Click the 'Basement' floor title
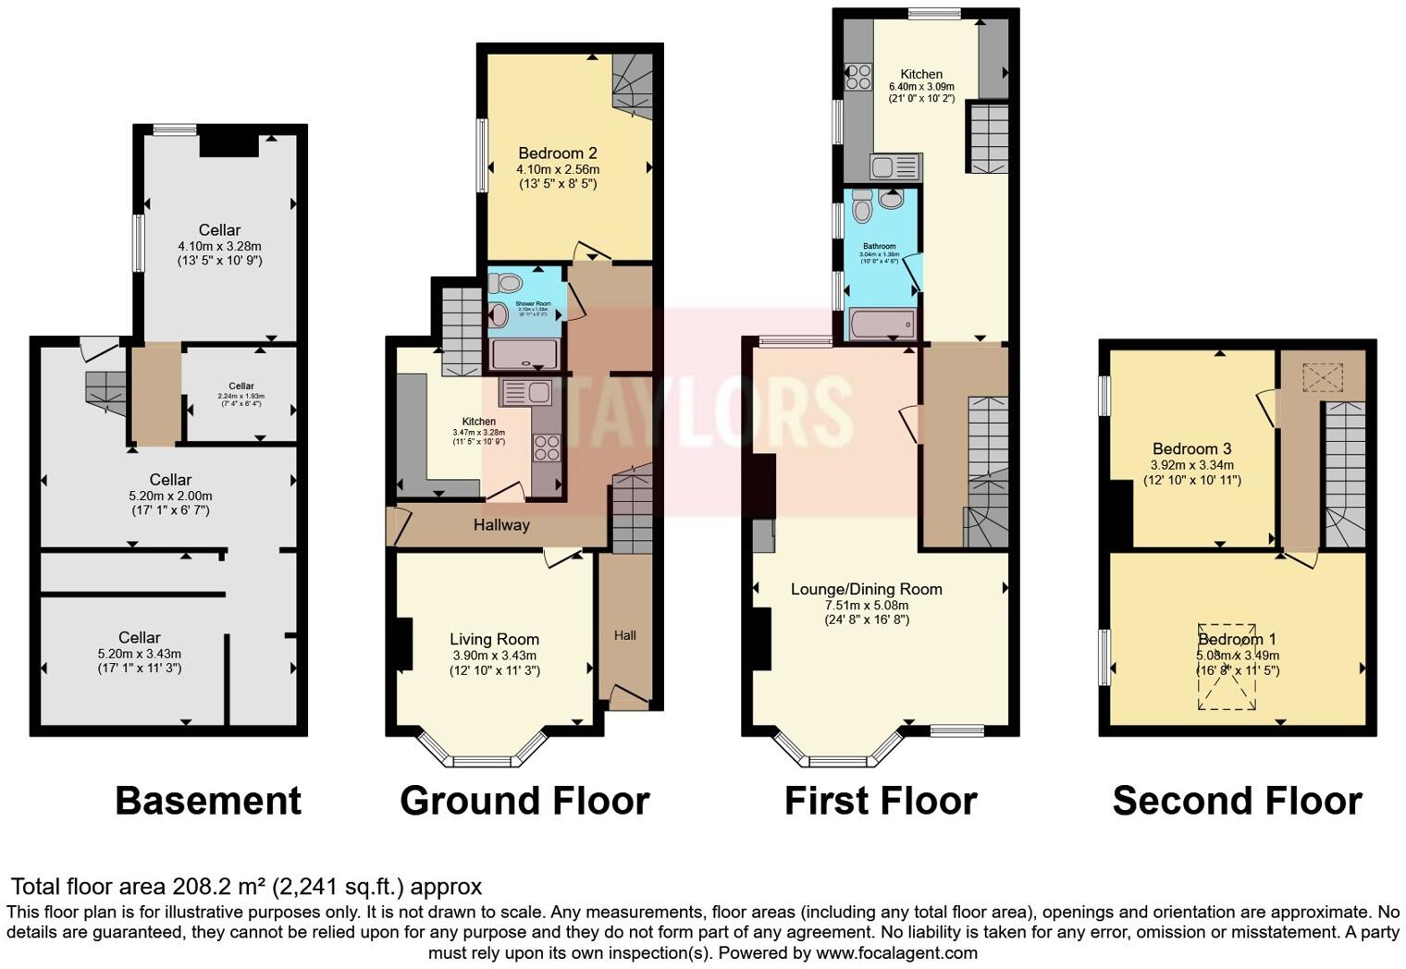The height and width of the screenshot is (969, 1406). (208, 801)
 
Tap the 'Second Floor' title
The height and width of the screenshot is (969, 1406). (1237, 801)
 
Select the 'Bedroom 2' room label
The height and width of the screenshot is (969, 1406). (557, 153)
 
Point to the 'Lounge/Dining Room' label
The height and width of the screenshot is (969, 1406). (866, 589)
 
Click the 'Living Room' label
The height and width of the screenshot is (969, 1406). (494, 639)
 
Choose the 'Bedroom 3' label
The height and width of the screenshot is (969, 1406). (1191, 449)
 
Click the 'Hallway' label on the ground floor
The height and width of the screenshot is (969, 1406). (501, 525)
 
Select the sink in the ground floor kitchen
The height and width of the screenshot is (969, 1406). (524, 393)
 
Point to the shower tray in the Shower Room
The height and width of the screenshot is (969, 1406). (524, 355)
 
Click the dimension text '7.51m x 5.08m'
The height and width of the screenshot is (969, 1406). (867, 606)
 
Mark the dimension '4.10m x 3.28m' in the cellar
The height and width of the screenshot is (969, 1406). (219, 246)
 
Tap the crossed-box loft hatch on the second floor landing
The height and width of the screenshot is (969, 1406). (1322, 377)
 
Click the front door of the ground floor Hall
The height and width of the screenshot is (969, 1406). (629, 698)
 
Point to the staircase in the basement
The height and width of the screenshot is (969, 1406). (105, 393)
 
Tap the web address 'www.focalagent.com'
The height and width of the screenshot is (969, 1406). (896, 952)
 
